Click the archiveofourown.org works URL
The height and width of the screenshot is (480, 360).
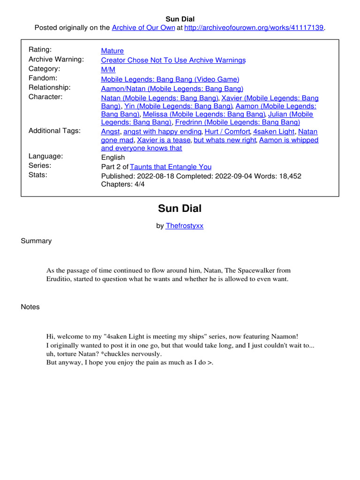tap(254, 28)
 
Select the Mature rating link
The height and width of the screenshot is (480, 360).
tap(112, 51)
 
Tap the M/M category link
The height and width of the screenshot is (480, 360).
tap(108, 69)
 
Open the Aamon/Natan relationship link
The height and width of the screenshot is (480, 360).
tap(172, 89)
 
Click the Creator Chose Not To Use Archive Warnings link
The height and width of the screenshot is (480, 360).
tap(173, 60)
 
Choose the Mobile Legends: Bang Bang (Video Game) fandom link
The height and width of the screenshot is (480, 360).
tap(170, 79)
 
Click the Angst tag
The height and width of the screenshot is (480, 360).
tap(111, 132)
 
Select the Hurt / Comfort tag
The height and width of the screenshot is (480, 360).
tap(227, 132)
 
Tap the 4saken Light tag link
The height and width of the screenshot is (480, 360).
tap(274, 132)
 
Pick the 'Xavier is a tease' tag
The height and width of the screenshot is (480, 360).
tap(163, 140)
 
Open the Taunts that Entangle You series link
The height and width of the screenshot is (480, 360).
tap(171, 167)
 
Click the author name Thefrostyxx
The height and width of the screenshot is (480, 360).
tap(185, 225)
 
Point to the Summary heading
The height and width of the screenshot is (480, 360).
tap(36, 241)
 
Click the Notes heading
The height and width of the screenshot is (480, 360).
tap(30, 307)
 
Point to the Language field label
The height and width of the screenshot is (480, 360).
tap(45, 156)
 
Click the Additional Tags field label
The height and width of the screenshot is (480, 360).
tap(54, 131)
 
